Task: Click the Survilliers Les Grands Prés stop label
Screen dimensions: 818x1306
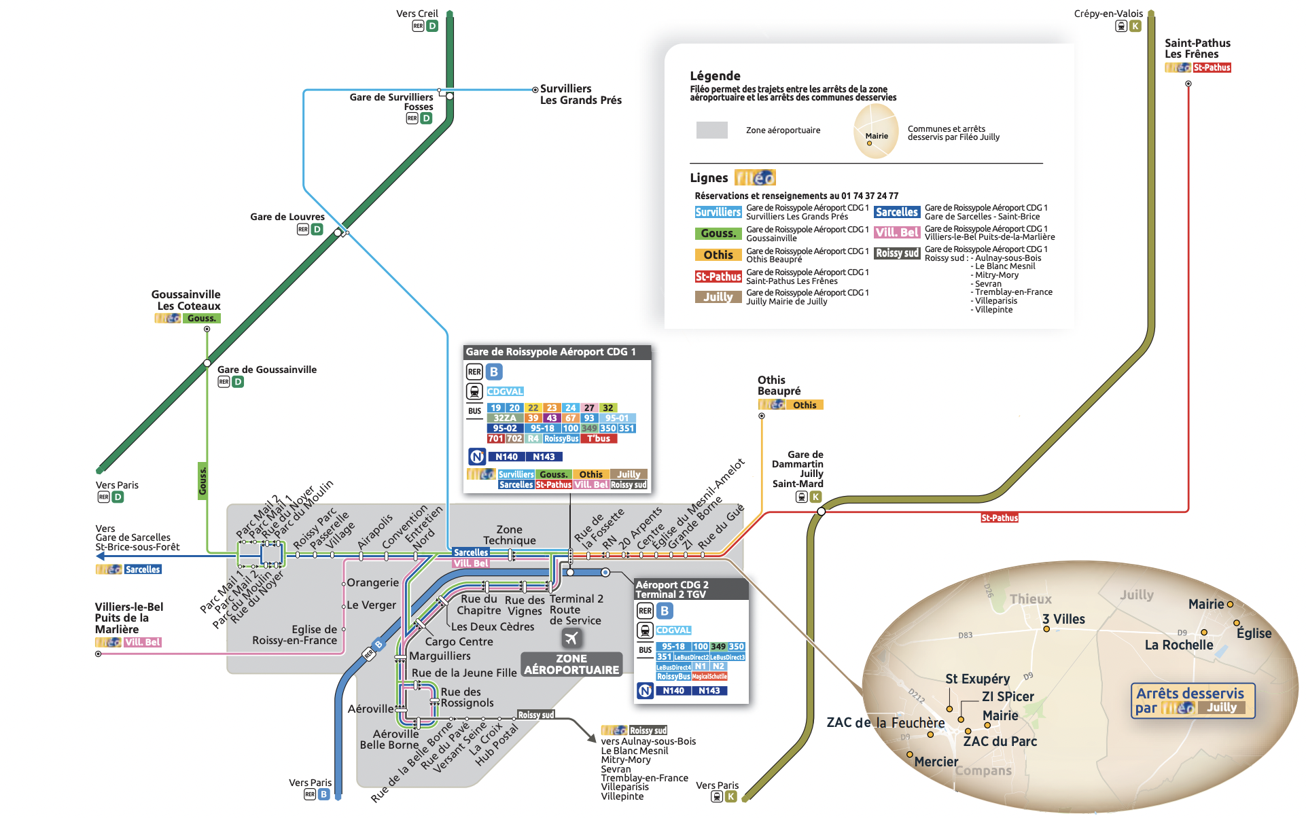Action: click(x=580, y=94)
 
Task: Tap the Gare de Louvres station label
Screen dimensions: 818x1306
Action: click(x=287, y=217)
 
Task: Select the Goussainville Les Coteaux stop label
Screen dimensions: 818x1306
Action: click(x=186, y=300)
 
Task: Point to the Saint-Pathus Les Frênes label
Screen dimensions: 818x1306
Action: click(x=1197, y=48)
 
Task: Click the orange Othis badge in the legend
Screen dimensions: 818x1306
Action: click(x=718, y=255)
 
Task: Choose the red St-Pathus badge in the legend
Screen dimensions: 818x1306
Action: click(x=718, y=277)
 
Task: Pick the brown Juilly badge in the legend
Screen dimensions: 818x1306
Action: click(x=718, y=297)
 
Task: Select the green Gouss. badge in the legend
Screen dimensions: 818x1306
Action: click(x=718, y=233)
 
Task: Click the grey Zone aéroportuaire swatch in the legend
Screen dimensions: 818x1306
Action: click(x=711, y=130)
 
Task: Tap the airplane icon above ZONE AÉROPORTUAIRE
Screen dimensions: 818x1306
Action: click(x=571, y=638)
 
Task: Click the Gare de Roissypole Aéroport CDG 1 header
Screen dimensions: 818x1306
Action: click(x=550, y=352)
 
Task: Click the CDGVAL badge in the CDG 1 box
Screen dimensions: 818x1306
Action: click(x=505, y=391)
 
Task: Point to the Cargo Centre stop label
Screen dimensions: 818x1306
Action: click(x=459, y=641)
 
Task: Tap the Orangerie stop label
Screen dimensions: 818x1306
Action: click(x=372, y=583)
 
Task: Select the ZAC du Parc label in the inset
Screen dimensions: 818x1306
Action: click(x=1000, y=741)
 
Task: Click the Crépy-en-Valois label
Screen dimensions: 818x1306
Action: click(x=1108, y=14)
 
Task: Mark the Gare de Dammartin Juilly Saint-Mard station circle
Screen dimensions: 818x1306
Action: click(x=821, y=511)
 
